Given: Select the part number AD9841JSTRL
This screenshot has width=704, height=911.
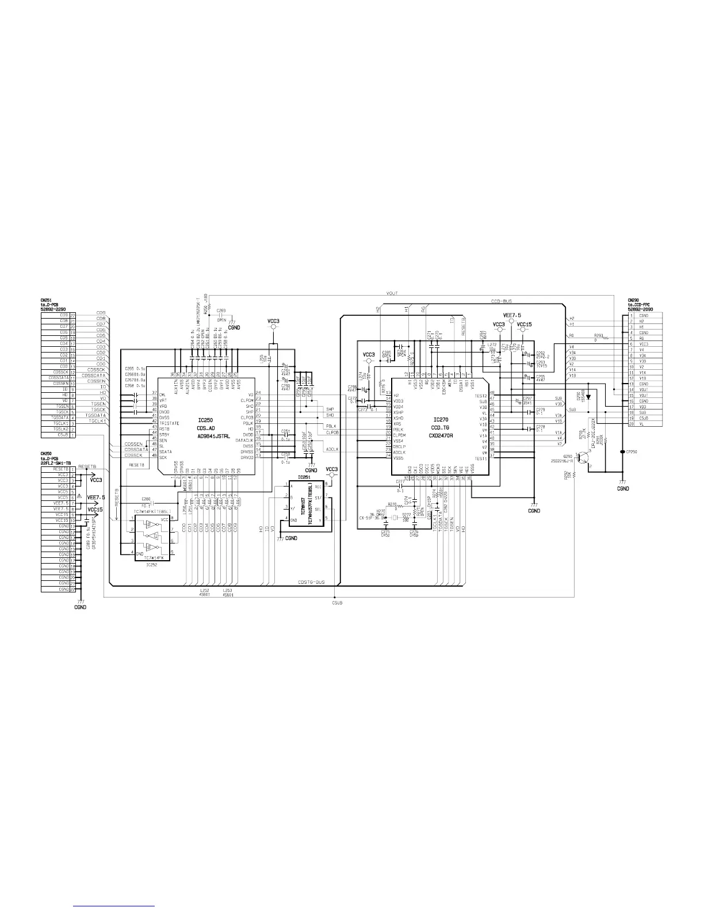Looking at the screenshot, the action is pyautogui.click(x=213, y=437).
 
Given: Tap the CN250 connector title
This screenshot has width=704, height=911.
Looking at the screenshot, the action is pyautogui.click(x=46, y=454).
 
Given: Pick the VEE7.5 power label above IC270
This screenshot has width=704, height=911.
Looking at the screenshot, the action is pyautogui.click(x=511, y=315).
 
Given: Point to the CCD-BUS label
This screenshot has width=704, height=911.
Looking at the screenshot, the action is pyautogui.click(x=502, y=301).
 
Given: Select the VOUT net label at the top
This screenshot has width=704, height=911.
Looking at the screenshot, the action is pyautogui.click(x=393, y=293).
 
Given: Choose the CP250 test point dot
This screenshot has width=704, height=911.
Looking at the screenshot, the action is pyautogui.click(x=622, y=451).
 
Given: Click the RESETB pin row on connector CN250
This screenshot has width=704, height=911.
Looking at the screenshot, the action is pyautogui.click(x=58, y=469).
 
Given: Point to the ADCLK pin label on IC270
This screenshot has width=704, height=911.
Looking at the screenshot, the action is pyautogui.click(x=400, y=452).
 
